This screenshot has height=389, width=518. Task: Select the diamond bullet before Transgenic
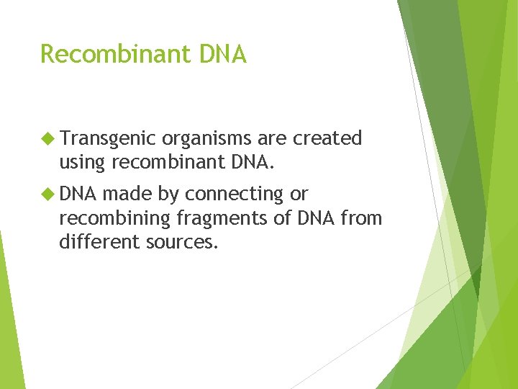point(48,138)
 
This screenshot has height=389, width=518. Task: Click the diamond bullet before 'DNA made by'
point(48,194)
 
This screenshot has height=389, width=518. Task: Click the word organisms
point(207,139)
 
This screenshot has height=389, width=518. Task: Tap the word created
point(327,139)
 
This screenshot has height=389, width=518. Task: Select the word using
point(82,163)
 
